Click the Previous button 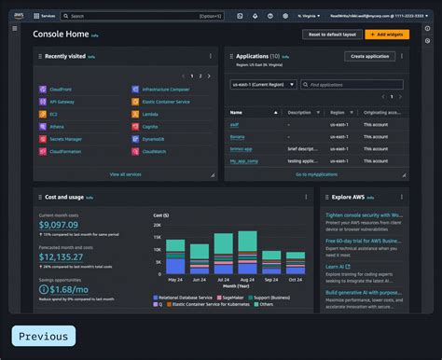coord(43,337)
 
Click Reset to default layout coord(330,34)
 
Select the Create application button coord(369,57)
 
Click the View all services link coord(125,173)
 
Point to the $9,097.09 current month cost coord(59,225)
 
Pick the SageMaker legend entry coord(233,297)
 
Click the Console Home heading coord(62,34)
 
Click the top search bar coord(140,16)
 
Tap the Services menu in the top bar coord(44,16)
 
